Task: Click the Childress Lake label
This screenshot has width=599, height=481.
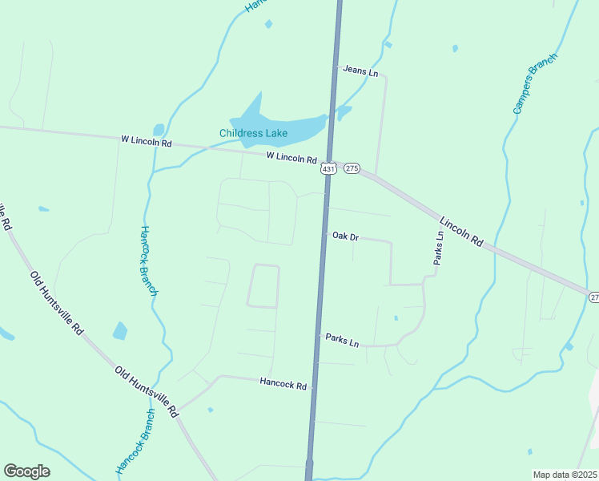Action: click(x=253, y=133)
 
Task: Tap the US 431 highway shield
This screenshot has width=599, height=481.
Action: click(x=328, y=168)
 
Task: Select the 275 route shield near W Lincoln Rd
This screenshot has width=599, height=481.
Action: click(x=352, y=168)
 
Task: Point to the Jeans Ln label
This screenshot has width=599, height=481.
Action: click(x=360, y=71)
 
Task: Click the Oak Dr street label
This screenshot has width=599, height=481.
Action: click(x=345, y=237)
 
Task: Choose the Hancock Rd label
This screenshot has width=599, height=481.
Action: click(x=283, y=385)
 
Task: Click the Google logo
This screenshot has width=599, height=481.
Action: click(x=26, y=471)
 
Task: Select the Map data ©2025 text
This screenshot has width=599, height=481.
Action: click(x=565, y=475)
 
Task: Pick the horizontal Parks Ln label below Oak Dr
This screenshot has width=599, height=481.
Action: click(x=342, y=340)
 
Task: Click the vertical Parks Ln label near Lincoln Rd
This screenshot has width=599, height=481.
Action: click(x=439, y=249)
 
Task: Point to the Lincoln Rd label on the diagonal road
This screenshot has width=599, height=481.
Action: click(x=463, y=229)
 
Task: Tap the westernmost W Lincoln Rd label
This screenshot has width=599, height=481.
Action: click(x=147, y=142)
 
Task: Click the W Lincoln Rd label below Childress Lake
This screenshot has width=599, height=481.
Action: click(x=291, y=157)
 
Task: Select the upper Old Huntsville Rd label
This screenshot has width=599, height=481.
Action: click(x=56, y=302)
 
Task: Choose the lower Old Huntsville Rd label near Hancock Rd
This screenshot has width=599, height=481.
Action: click(x=146, y=392)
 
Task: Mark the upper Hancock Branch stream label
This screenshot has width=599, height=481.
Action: click(x=148, y=261)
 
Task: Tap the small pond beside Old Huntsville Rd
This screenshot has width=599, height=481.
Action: click(x=120, y=330)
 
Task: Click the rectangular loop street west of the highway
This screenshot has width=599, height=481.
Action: click(x=263, y=286)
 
